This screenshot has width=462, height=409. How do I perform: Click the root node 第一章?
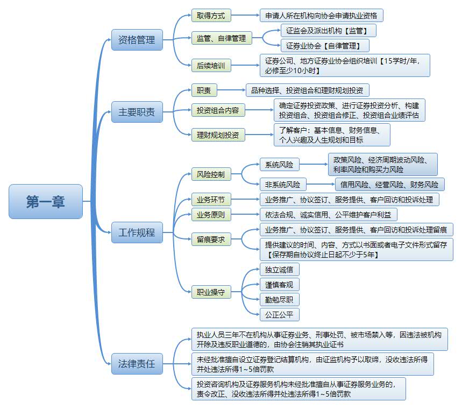46,201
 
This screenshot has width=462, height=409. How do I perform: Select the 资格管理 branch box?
137,40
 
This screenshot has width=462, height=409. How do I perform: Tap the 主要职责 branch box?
137,112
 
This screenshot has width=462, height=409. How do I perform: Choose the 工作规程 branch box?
137,233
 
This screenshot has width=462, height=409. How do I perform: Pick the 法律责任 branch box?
137,364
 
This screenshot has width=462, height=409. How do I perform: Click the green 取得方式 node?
211,16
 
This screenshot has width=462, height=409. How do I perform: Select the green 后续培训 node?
211,66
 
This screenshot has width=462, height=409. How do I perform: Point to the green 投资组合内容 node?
218,111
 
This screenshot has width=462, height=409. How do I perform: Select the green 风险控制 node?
211,174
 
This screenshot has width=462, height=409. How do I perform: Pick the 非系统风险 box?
282,185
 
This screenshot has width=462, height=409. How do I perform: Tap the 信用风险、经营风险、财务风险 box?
389,185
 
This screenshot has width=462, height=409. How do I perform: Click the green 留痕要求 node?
211,239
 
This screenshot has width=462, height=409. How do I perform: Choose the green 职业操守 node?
211,293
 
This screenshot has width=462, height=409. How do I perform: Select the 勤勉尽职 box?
279,300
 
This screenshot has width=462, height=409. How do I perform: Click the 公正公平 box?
279,315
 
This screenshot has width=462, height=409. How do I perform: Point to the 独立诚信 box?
279,270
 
